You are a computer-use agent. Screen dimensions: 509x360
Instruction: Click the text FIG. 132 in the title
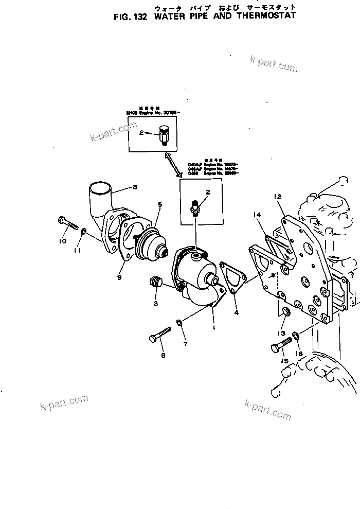point(130,16)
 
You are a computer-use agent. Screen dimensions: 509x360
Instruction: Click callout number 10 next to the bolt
point(63,241)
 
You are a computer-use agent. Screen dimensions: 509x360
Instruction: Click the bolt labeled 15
point(281,347)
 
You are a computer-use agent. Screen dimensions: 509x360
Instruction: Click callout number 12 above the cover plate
point(277,196)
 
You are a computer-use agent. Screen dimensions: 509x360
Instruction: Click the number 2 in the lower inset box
point(207,192)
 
